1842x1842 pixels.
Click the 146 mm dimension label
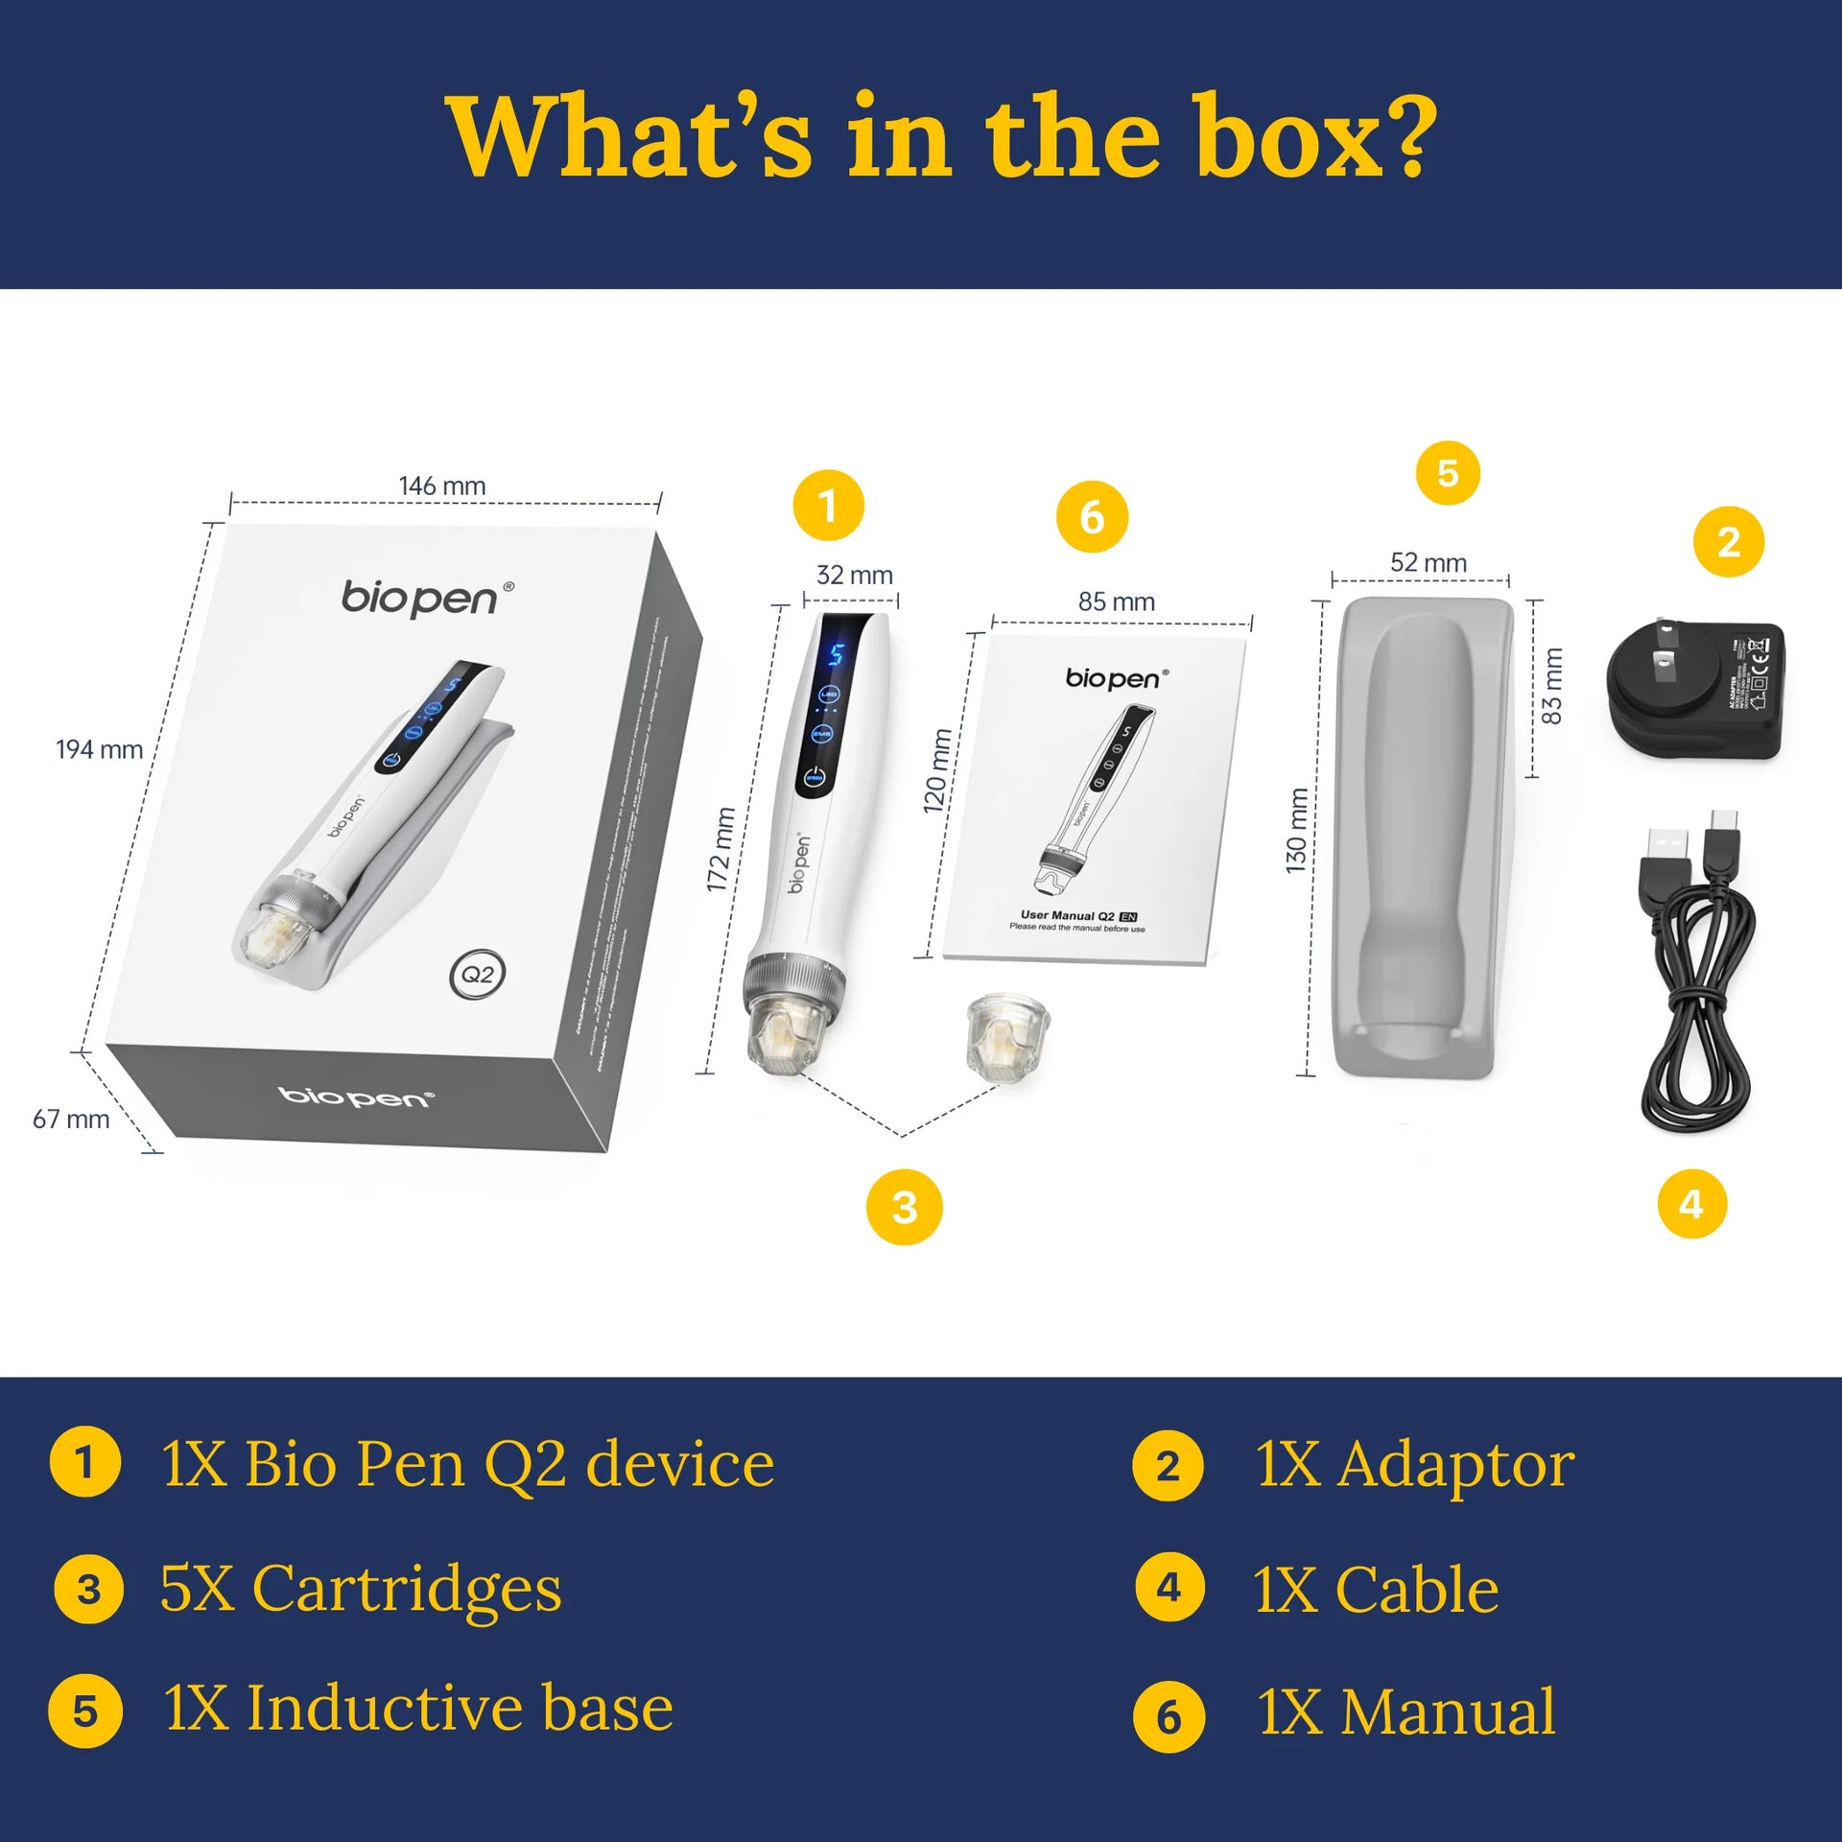[442, 486]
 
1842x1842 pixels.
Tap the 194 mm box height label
[99, 749]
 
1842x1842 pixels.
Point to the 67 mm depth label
[71, 1119]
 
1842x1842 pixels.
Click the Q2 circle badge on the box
[477, 975]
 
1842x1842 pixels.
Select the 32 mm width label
[854, 576]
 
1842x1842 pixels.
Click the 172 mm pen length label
[720, 849]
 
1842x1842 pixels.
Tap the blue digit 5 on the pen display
[836, 655]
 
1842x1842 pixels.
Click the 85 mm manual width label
[1116, 602]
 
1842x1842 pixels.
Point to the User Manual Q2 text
[1067, 916]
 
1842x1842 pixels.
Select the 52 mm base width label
[1428, 563]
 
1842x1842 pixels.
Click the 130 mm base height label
[1297, 830]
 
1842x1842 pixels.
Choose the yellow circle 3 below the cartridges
[904, 1207]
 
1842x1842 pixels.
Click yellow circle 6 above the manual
[1092, 517]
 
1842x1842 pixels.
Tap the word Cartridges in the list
[407, 1589]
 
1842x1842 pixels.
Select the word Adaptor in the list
[1456, 1465]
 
